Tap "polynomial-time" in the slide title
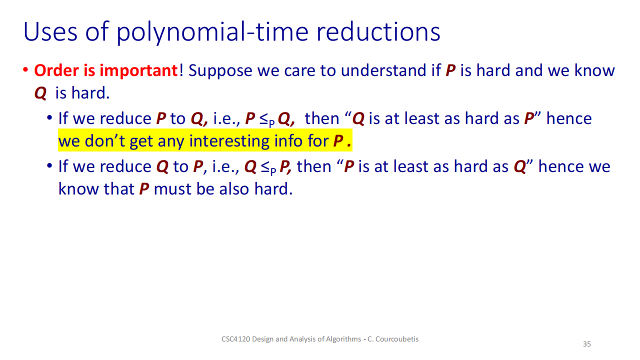212,32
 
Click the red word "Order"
56,70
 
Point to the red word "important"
138,71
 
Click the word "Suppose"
220,71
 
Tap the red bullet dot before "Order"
25,69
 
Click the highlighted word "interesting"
229,141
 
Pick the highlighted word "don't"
104,141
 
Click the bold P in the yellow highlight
338,141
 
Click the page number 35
587,344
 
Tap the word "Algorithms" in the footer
343,339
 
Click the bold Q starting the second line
40,93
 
